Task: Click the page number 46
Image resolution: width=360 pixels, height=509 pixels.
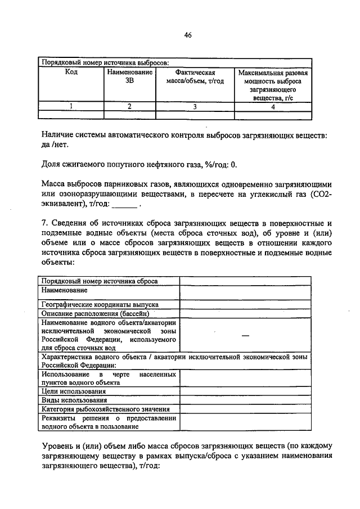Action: pos(188,35)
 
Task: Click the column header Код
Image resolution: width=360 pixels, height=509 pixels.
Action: pos(71,73)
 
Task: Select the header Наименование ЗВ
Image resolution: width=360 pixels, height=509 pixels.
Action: pos(129,76)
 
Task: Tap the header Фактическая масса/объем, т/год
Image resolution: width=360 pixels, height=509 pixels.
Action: pos(195,76)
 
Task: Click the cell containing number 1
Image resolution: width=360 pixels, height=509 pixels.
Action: pos(71,106)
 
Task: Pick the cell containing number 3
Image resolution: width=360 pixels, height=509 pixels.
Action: pos(195,106)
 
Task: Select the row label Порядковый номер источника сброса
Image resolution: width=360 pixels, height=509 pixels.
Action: pos(100,281)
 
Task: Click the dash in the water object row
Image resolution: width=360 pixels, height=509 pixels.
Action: pos(245,335)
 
